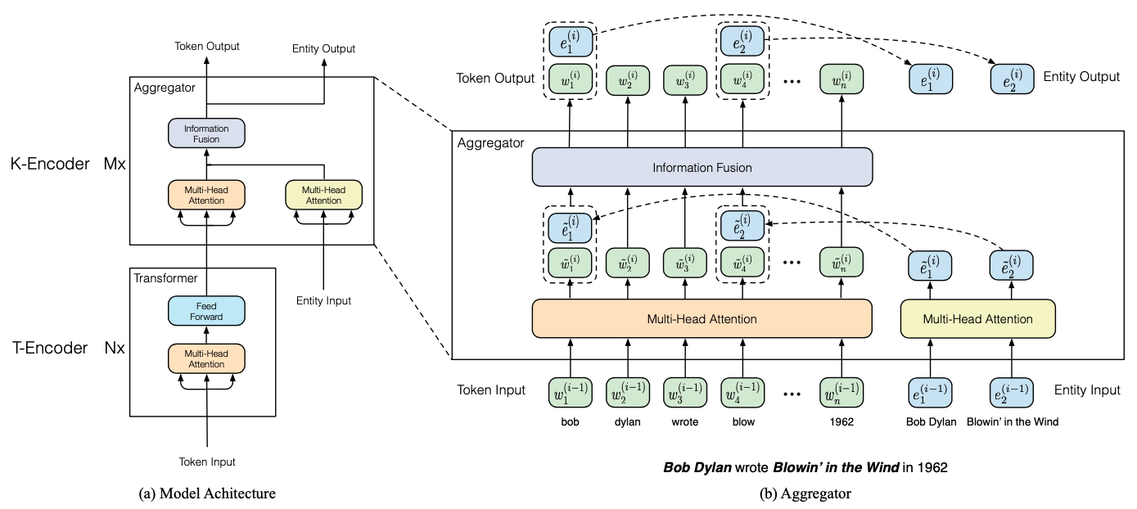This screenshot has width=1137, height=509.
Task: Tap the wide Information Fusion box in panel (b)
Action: click(702, 168)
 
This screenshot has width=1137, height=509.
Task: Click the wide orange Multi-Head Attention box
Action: click(702, 318)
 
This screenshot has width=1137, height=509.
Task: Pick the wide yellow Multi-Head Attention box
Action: click(977, 318)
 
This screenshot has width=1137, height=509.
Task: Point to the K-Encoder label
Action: click(49, 164)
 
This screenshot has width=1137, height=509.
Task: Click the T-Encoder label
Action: click(49, 348)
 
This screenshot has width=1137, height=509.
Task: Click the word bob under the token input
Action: click(570, 422)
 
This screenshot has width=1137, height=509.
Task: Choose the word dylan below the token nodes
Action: click(627, 422)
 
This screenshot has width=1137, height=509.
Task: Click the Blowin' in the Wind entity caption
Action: click(1012, 422)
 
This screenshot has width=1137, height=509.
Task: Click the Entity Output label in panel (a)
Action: click(323, 49)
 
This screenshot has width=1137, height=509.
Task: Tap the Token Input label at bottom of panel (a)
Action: click(207, 462)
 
